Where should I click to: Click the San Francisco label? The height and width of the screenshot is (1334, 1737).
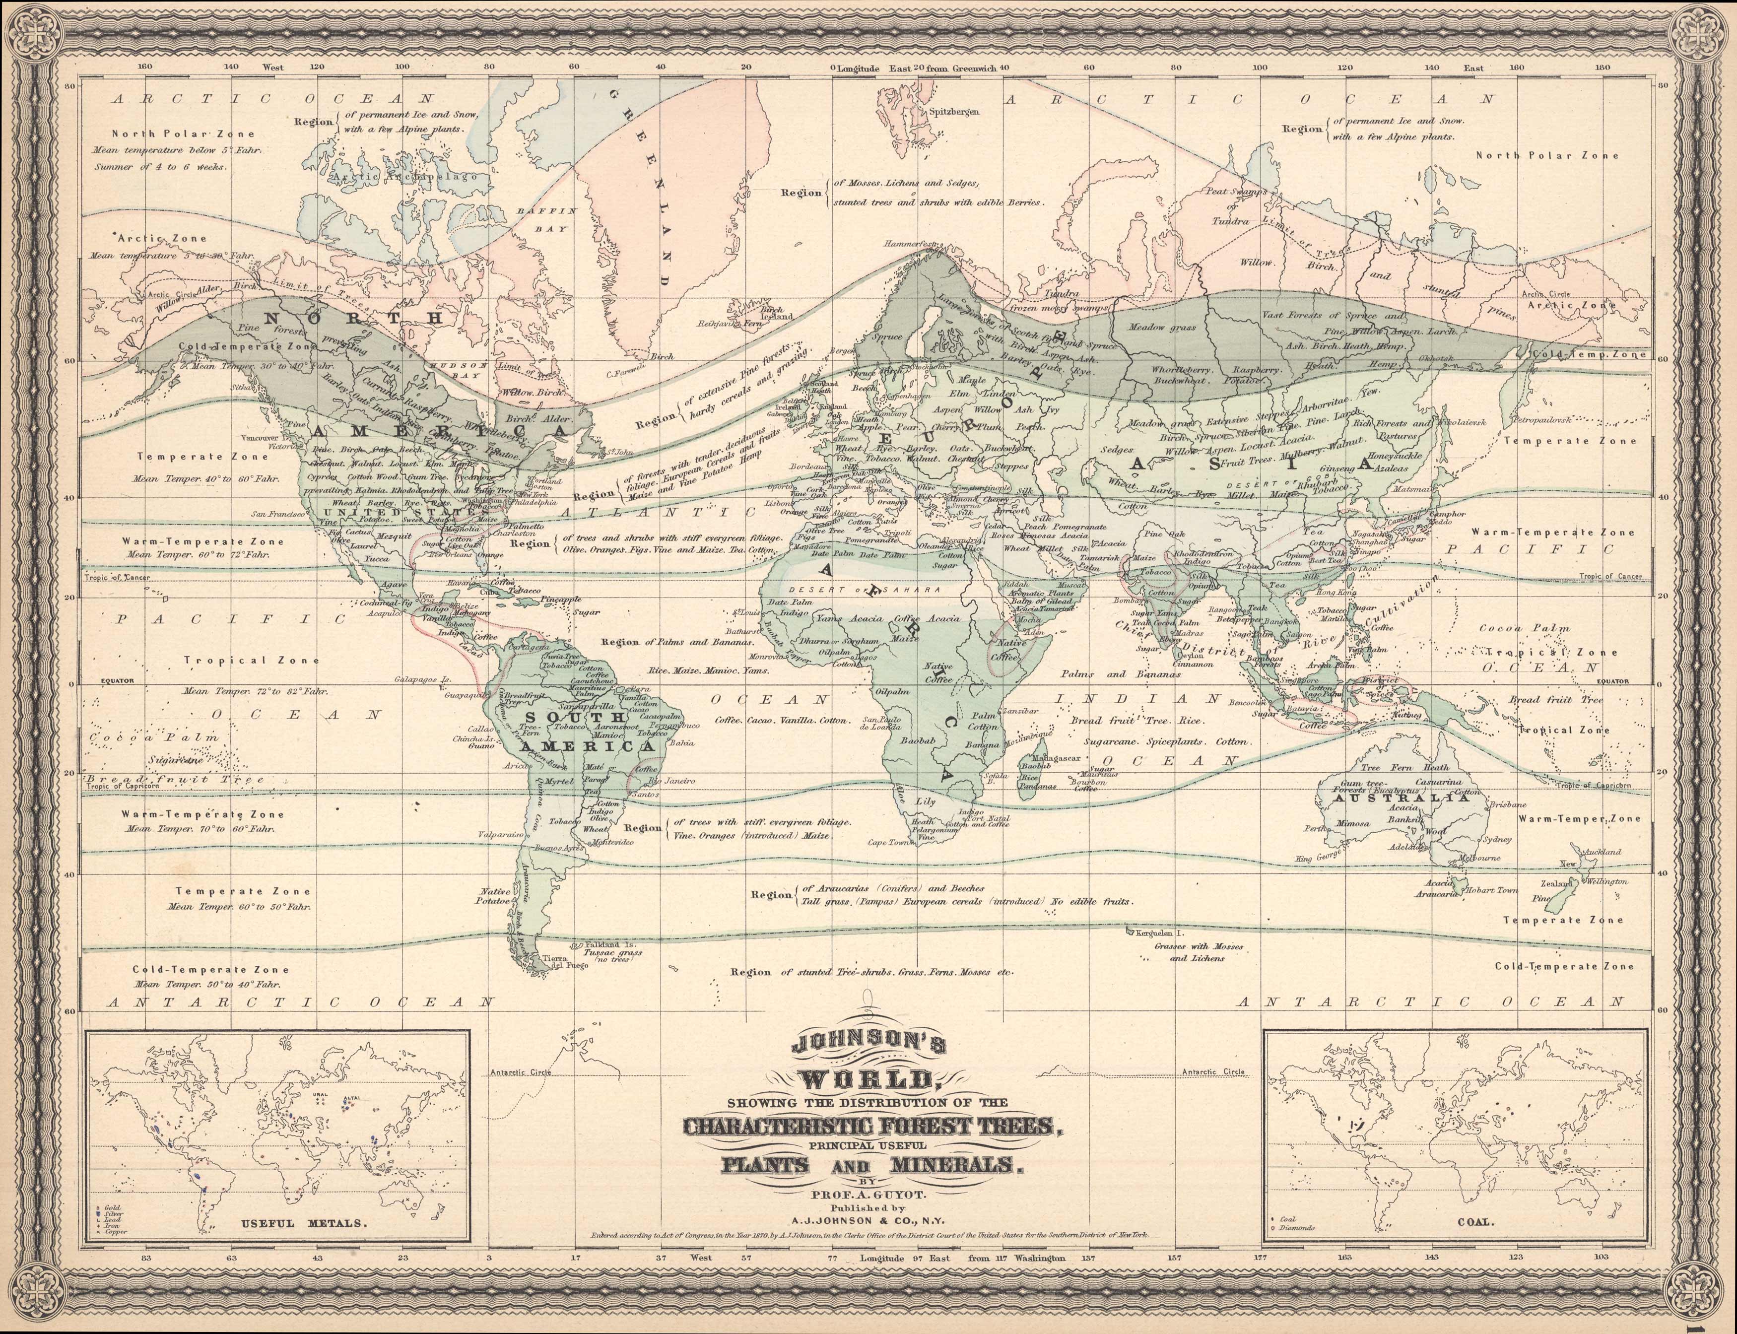[278, 515]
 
